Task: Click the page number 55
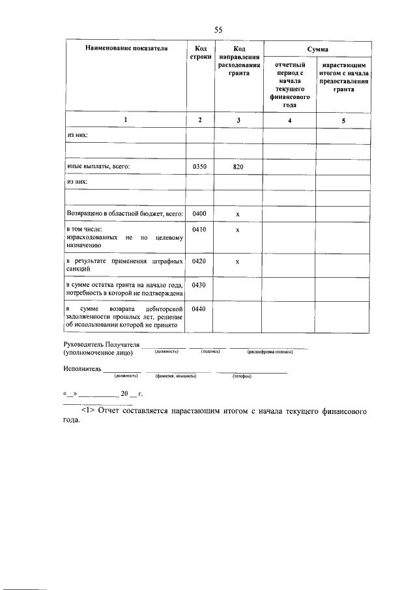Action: (218, 30)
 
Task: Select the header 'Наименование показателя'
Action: (126, 49)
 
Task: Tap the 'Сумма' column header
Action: (317, 49)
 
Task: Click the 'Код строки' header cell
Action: (200, 53)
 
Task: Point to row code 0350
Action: (200, 167)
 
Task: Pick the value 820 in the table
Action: (238, 168)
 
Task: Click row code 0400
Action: (200, 213)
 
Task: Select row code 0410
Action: (200, 229)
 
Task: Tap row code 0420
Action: (200, 261)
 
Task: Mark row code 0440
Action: (200, 308)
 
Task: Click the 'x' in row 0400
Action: (238, 214)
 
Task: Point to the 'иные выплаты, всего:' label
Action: (99, 167)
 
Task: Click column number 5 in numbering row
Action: (344, 121)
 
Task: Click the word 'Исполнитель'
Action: (83, 368)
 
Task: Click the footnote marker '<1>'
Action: (89, 413)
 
